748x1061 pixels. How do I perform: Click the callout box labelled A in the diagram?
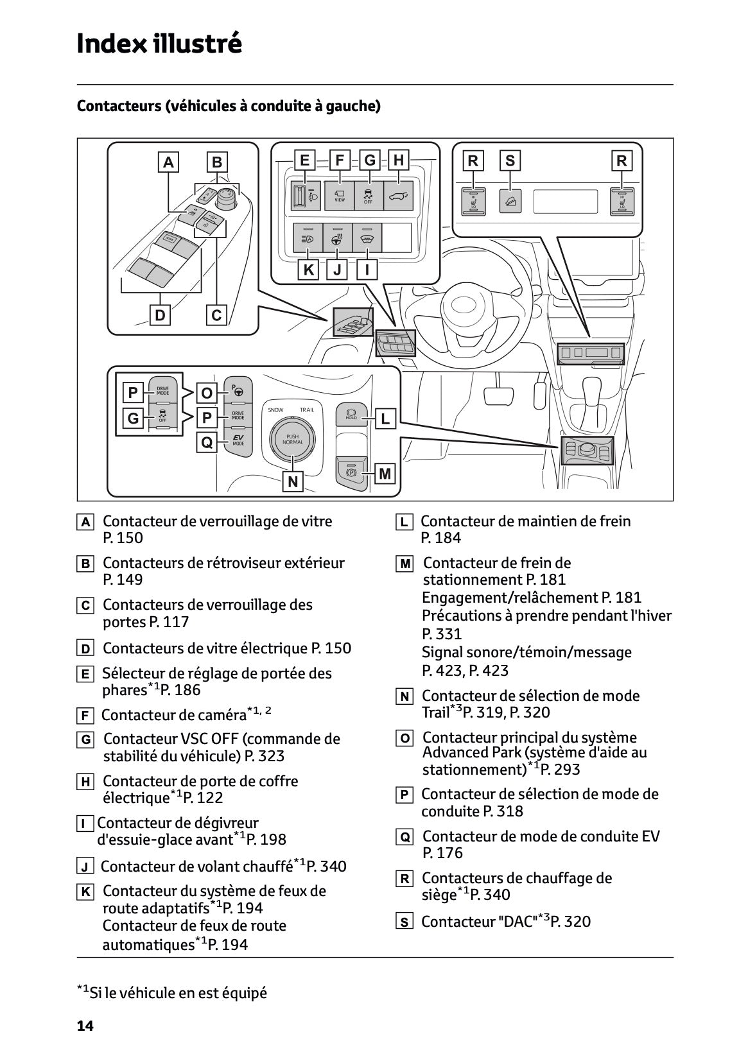168,162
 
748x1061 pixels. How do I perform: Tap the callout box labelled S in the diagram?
510,160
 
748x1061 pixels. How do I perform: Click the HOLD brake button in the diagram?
351,414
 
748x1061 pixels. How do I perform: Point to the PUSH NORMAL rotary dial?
292,439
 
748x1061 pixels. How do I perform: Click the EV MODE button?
238,441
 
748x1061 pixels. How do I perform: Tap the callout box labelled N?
293,481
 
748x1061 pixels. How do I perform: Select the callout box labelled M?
385,474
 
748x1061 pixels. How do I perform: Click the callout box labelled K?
309,270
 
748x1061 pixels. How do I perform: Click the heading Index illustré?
159,44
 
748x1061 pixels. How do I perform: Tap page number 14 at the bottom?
85,1026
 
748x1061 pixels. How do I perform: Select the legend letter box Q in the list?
404,837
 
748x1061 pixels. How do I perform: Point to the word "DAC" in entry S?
517,922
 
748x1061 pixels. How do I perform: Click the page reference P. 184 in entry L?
441,538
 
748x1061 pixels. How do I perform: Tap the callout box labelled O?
207,393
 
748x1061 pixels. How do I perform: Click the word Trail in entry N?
435,712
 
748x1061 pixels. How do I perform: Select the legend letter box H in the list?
85,782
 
